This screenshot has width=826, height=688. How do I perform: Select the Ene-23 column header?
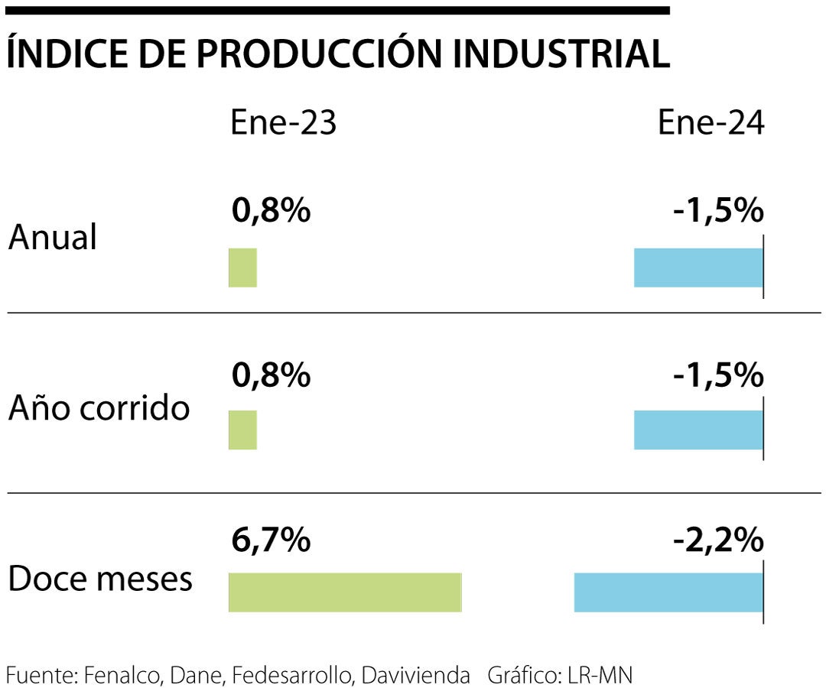tap(283, 123)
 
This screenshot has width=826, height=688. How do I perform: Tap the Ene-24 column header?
tap(711, 123)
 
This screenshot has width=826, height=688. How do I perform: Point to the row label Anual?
tap(53, 238)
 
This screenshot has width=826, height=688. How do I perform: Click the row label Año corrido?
tap(99, 408)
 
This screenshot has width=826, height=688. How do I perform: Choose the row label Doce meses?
tap(100, 579)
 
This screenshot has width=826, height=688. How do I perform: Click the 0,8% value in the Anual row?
tap(271, 211)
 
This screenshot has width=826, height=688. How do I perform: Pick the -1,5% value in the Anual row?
tap(718, 211)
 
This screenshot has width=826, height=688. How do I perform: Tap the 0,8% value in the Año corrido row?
tap(271, 375)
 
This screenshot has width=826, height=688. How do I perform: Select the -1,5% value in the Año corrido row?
tap(718, 375)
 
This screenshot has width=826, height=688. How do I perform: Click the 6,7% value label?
tap(271, 541)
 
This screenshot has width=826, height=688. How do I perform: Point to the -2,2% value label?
tap(718, 541)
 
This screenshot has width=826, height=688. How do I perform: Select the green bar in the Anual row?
tap(242, 268)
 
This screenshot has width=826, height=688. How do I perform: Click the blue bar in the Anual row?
tap(698, 268)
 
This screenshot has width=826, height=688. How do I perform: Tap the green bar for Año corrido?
tap(242, 430)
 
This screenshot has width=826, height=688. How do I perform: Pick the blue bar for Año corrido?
tap(698, 430)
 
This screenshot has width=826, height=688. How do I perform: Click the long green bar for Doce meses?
tap(345, 592)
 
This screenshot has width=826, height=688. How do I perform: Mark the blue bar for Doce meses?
tap(668, 592)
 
